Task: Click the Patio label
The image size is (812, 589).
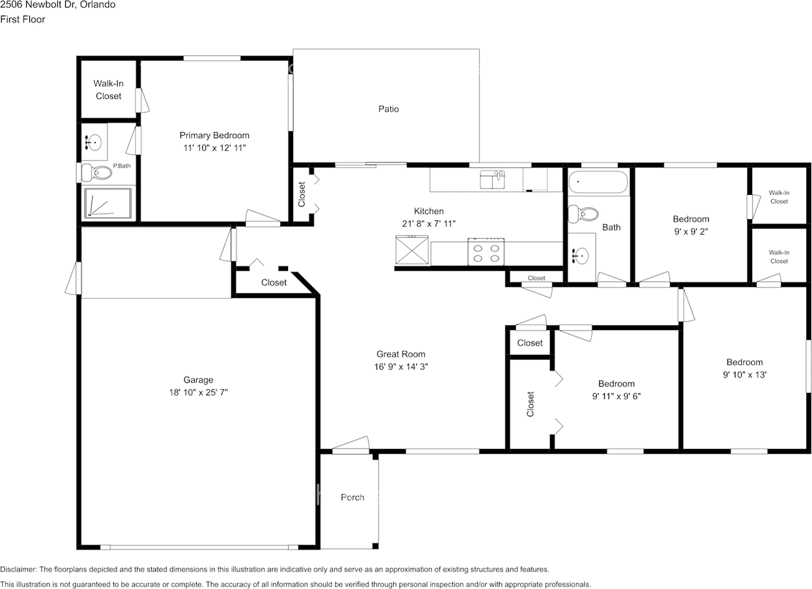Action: (388, 109)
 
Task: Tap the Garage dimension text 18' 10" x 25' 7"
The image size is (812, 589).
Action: (199, 392)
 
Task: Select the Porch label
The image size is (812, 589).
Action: (352, 497)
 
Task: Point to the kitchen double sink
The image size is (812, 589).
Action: (492, 180)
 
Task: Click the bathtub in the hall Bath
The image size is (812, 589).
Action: (598, 183)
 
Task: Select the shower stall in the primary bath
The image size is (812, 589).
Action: (108, 204)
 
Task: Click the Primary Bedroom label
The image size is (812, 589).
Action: (214, 135)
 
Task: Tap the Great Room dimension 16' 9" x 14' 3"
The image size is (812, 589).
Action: (400, 366)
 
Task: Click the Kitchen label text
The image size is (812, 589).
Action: (429, 211)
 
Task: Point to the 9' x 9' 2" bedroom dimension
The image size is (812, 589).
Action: (690, 232)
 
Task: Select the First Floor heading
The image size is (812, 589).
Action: (23, 19)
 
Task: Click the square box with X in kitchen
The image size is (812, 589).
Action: (412, 250)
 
